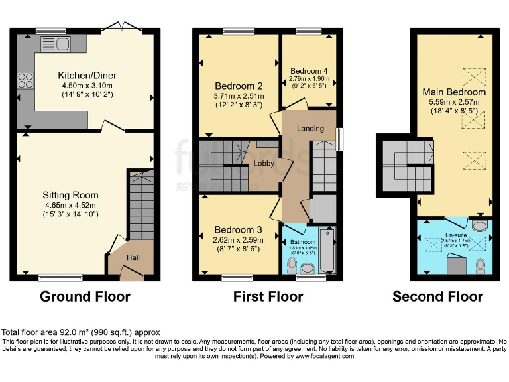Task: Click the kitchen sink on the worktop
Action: [x=56, y=44]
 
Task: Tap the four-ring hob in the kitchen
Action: [x=26, y=80]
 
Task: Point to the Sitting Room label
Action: [x=70, y=195]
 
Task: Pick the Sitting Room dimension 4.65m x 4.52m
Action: [x=70, y=206]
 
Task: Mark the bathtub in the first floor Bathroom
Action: [x=327, y=250]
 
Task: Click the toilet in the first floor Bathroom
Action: [x=292, y=265]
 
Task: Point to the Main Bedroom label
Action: [x=454, y=92]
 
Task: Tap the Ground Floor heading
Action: [x=85, y=296]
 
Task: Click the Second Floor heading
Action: [x=437, y=296]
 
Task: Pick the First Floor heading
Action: [x=268, y=296]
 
